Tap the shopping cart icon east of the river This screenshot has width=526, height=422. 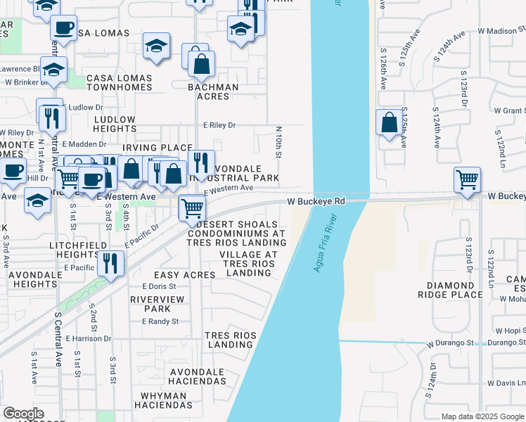(467, 180)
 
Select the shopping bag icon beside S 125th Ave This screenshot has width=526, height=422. (389, 123)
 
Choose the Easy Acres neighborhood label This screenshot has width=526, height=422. (184, 275)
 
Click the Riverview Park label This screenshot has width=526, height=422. (150, 303)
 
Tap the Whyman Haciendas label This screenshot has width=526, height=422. (163, 401)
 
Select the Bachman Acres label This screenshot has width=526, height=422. (213, 92)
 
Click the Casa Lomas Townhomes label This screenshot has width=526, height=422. (119, 82)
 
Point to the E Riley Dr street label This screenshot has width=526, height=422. (219, 125)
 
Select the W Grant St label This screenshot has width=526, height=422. (509, 111)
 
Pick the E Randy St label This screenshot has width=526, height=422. (160, 321)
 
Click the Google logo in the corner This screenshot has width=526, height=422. (23, 414)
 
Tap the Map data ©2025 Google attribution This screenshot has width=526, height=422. (482, 416)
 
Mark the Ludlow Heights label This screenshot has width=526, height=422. (115, 124)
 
